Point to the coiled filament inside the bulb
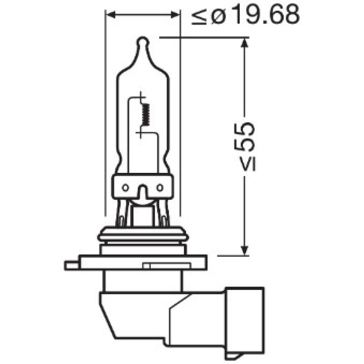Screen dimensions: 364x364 click(x=146, y=114)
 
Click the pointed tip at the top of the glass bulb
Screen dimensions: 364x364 click(x=143, y=42)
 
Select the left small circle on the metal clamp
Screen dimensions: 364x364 click(x=126, y=187)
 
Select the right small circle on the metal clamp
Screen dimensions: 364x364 click(x=160, y=187)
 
